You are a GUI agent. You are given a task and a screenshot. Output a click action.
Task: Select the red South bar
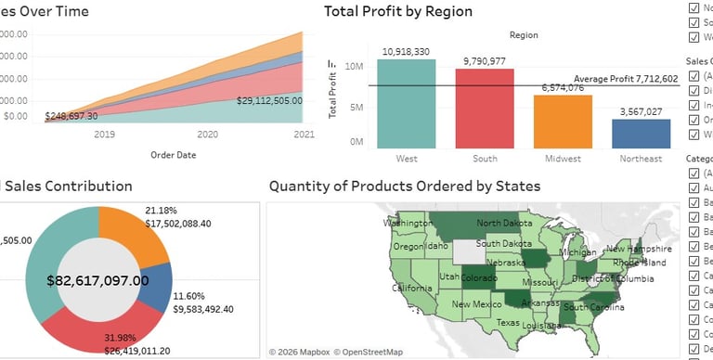(484, 109)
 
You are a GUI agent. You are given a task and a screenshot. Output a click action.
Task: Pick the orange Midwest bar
(562, 122)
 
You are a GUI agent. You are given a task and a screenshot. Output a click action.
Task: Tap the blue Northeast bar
(641, 134)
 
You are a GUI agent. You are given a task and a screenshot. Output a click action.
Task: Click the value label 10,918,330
(406, 51)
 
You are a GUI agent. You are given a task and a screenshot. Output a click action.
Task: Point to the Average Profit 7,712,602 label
(626, 79)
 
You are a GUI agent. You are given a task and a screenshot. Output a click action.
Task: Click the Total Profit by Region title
(398, 11)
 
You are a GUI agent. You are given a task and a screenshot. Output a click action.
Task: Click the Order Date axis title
(173, 155)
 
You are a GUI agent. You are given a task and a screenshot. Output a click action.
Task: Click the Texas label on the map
(508, 323)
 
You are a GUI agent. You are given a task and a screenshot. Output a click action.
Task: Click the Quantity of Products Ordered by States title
(405, 186)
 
